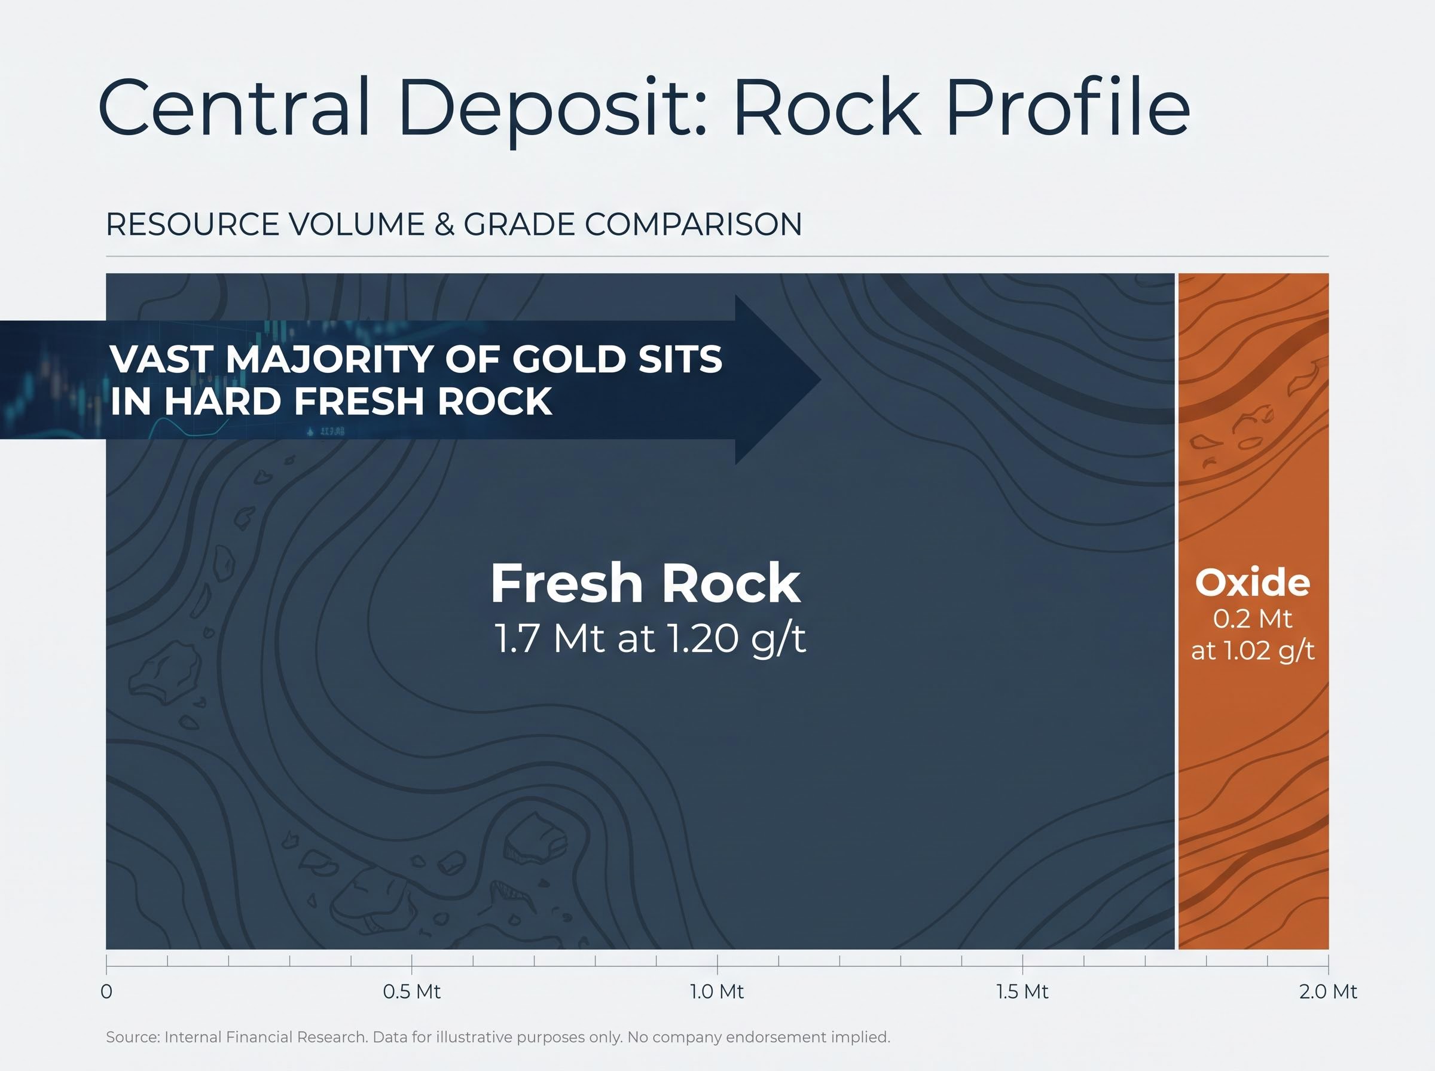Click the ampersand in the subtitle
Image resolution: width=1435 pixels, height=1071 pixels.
[444, 224]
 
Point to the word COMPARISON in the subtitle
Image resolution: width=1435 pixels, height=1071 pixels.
[693, 224]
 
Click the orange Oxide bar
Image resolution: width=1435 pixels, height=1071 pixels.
[1253, 611]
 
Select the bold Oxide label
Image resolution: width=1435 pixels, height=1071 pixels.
[1253, 582]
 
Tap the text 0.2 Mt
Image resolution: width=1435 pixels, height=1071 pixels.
[1253, 619]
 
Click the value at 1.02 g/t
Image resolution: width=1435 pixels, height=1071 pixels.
[1253, 650]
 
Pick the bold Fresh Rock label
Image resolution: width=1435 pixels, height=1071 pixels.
[645, 583]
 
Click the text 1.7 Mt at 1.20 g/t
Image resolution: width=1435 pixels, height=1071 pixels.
[651, 638]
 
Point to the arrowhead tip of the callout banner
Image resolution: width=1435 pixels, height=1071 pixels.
[822, 380]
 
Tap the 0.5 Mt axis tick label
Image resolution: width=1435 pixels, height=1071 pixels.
[412, 992]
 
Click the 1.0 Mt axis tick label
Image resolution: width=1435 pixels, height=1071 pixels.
[716, 992]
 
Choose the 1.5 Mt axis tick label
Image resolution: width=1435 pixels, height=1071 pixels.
[1022, 992]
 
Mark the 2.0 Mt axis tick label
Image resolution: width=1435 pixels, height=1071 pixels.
[1328, 992]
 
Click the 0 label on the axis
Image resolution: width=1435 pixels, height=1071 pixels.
[106, 992]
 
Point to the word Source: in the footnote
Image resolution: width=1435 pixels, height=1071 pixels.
[132, 1038]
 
